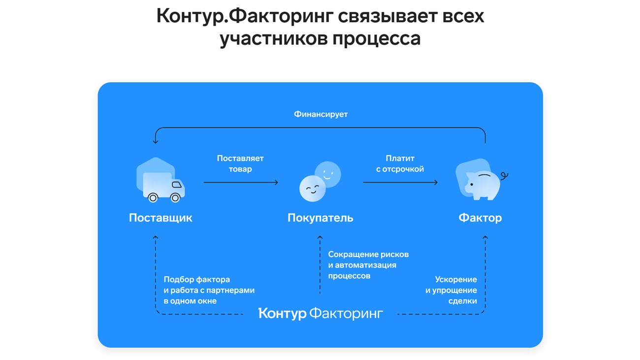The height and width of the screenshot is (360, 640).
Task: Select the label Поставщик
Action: click(160, 218)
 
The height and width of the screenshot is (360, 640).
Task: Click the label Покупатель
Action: click(320, 218)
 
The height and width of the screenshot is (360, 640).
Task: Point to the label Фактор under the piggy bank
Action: click(480, 218)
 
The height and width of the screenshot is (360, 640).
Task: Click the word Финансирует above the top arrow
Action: click(320, 114)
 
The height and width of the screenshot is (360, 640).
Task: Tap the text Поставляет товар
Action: click(240, 164)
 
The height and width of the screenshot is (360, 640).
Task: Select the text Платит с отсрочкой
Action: click(400, 164)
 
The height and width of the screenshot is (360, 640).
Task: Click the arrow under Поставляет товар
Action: click(241, 183)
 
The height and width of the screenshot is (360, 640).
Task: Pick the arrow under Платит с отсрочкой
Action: click(400, 183)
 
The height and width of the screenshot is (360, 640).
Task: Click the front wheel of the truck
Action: click(175, 197)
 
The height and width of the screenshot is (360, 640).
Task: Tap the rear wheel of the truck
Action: click(153, 197)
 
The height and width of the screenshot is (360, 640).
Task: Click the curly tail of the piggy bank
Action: click(504, 175)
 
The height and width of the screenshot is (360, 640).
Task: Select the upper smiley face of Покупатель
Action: click(328, 174)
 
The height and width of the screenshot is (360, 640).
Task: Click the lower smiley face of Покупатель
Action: click(313, 189)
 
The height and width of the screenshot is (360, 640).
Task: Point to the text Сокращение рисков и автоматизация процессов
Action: click(368, 265)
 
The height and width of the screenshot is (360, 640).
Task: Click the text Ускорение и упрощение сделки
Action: click(451, 290)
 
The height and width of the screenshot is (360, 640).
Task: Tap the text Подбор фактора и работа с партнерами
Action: click(209, 290)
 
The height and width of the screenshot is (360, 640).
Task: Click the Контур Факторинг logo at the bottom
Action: click(320, 314)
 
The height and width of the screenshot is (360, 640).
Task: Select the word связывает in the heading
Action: click(385, 16)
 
